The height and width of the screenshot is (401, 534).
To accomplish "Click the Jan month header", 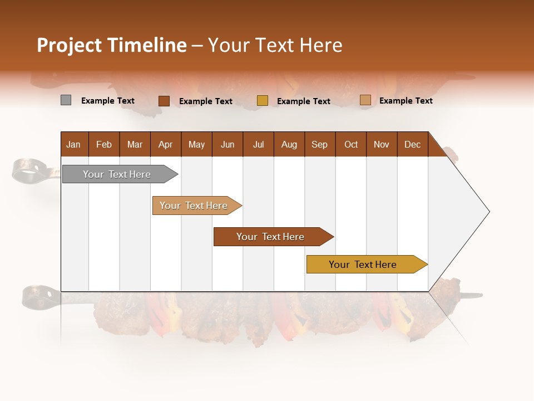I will pos(73,144).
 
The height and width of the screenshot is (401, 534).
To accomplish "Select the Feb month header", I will pos(104,144).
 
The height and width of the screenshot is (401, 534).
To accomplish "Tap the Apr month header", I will pos(165,144).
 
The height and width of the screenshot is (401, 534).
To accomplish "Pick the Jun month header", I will pos(228,144).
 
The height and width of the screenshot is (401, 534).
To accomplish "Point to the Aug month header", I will pos(289,144).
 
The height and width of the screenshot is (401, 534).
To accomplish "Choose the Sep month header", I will pos(319,144).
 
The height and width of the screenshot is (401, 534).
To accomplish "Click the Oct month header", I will pos(351,144).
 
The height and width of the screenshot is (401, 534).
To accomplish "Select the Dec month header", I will pos(412,144).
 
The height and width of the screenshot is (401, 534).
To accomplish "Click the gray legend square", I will pos(66,100).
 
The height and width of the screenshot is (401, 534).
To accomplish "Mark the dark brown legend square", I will pos(164,101).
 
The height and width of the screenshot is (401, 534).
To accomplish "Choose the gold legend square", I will pos(263,101).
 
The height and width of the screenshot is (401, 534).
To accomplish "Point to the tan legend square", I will pos(365,100).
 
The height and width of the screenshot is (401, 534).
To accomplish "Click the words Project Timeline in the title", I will pos(111,45).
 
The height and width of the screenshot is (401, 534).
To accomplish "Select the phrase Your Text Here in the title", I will pos(275,45).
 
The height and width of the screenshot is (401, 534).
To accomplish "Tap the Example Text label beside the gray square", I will pos(108,101).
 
